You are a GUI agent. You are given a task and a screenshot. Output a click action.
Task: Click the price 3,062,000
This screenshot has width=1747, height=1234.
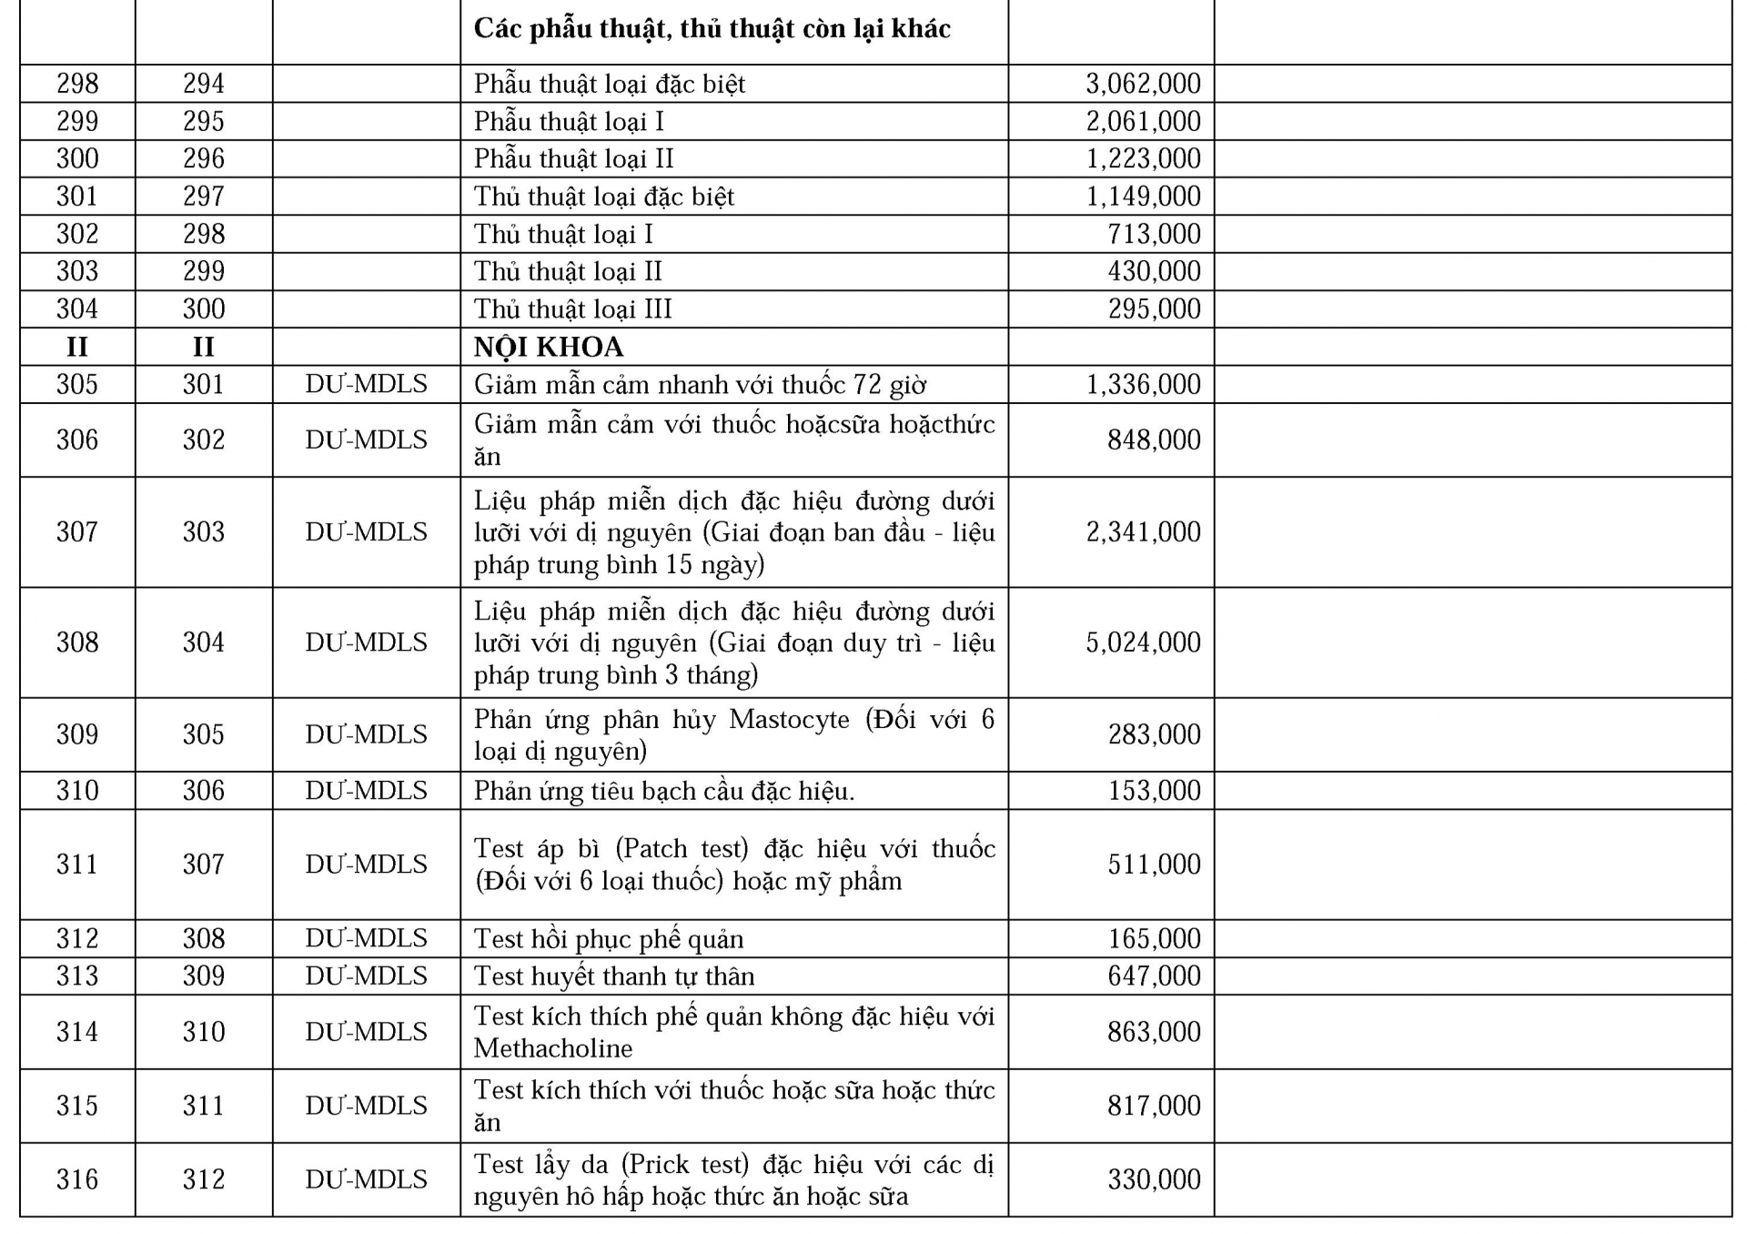pyautogui.click(x=1143, y=84)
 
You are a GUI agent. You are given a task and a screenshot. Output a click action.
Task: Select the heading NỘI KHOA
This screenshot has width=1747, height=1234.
pyautogui.click(x=549, y=347)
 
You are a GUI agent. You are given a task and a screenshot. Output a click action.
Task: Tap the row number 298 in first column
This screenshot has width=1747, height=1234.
pyautogui.click(x=77, y=84)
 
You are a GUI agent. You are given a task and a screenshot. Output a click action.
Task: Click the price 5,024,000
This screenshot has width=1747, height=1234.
pyautogui.click(x=1143, y=642)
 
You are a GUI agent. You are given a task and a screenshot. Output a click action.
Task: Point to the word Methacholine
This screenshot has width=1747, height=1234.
pyautogui.click(x=553, y=1048)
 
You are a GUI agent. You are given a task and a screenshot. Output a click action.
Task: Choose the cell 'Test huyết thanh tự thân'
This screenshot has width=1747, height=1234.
pyautogui.click(x=614, y=976)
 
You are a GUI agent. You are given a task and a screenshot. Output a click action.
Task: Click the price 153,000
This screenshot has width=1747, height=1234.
pyautogui.click(x=1154, y=791)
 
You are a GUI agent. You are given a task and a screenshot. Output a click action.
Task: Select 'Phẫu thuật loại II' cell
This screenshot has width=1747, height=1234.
pyautogui.click(x=573, y=159)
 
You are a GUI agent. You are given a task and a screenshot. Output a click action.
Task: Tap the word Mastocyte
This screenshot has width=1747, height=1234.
pyautogui.click(x=789, y=720)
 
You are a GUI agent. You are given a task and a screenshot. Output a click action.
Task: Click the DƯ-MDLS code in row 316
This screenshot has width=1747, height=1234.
pyautogui.click(x=366, y=1179)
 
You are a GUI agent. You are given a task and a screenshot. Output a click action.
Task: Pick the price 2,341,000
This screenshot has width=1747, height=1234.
pyautogui.click(x=1143, y=532)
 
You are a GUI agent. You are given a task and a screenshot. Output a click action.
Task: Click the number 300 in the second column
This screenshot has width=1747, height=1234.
pyautogui.click(x=203, y=309)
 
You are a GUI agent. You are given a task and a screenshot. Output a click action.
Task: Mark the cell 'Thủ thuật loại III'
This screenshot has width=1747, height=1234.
pyautogui.click(x=572, y=309)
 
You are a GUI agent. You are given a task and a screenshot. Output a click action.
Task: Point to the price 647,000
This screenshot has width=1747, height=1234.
pyautogui.click(x=1154, y=976)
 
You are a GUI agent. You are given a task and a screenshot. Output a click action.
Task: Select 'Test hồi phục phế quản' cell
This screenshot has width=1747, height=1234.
pyautogui.click(x=609, y=939)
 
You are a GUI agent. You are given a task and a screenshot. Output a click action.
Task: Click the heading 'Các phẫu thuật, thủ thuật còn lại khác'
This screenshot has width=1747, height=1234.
pyautogui.click(x=712, y=29)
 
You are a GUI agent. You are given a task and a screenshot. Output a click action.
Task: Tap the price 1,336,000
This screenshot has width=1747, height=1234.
pyautogui.click(x=1143, y=384)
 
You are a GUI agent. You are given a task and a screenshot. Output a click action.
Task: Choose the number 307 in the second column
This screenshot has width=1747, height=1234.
pyautogui.click(x=203, y=865)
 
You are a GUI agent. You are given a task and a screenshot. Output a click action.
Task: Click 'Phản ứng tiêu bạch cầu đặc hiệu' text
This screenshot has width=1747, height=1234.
pyautogui.click(x=663, y=791)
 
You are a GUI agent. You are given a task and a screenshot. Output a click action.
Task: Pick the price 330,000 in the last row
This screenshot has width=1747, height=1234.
pyautogui.click(x=1154, y=1179)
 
